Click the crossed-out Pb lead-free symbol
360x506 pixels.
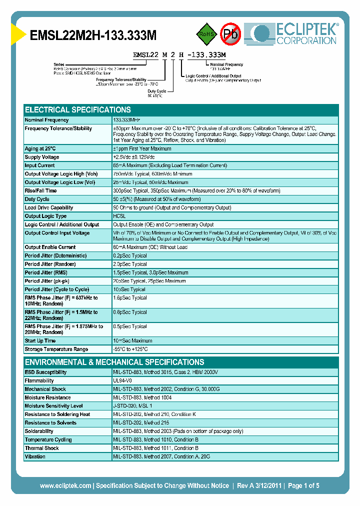tap(231, 34)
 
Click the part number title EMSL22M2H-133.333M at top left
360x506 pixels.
tap(93, 35)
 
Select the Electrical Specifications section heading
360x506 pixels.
tap(78, 109)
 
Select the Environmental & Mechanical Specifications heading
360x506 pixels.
tap(114, 362)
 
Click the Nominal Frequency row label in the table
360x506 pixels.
tap(47, 120)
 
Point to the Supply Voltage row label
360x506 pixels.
tap(42, 157)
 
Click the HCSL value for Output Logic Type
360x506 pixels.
tap(120, 216)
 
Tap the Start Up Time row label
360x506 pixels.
tap(40, 341)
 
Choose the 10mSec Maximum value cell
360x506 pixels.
tap(132, 341)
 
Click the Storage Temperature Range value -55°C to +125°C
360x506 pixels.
tap(130, 349)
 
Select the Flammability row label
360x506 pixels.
tap(39, 381)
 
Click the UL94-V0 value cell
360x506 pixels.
tap(123, 381)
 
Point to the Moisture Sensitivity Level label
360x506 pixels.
tap(53, 406)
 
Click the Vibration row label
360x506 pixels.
tap(35, 457)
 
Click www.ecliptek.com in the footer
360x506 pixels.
tap(65, 486)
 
